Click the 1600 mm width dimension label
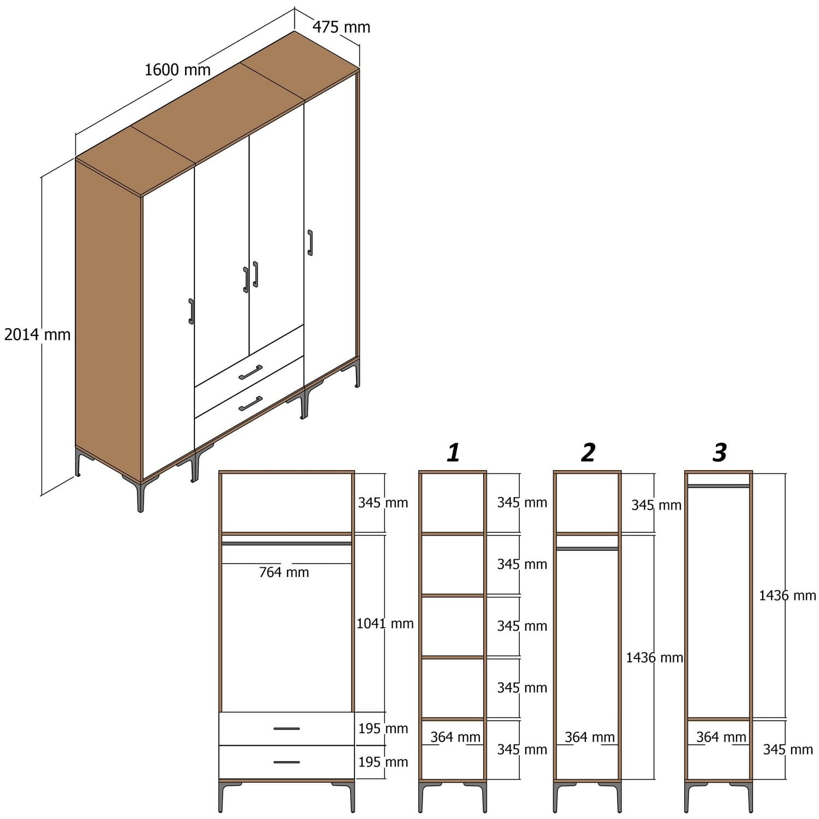pos(177,70)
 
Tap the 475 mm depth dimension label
pos(341,27)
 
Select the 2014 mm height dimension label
pos(37,334)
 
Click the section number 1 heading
pos(453,453)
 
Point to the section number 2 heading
pos(587,453)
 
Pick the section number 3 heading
pos(720,453)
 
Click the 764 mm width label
pos(284,572)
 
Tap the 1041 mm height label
pos(385,624)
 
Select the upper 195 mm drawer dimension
pos(383,728)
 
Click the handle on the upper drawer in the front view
pos(287,728)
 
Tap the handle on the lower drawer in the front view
pos(287,762)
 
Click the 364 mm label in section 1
pos(455,737)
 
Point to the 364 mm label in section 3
pos(721,737)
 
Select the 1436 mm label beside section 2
pos(654,657)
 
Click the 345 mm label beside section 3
pos(788,750)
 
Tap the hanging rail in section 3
pos(719,485)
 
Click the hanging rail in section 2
pos(587,548)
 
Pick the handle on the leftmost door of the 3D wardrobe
pos(191,311)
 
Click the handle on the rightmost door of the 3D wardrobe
pos(310,242)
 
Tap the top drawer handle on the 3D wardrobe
pos(251,372)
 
